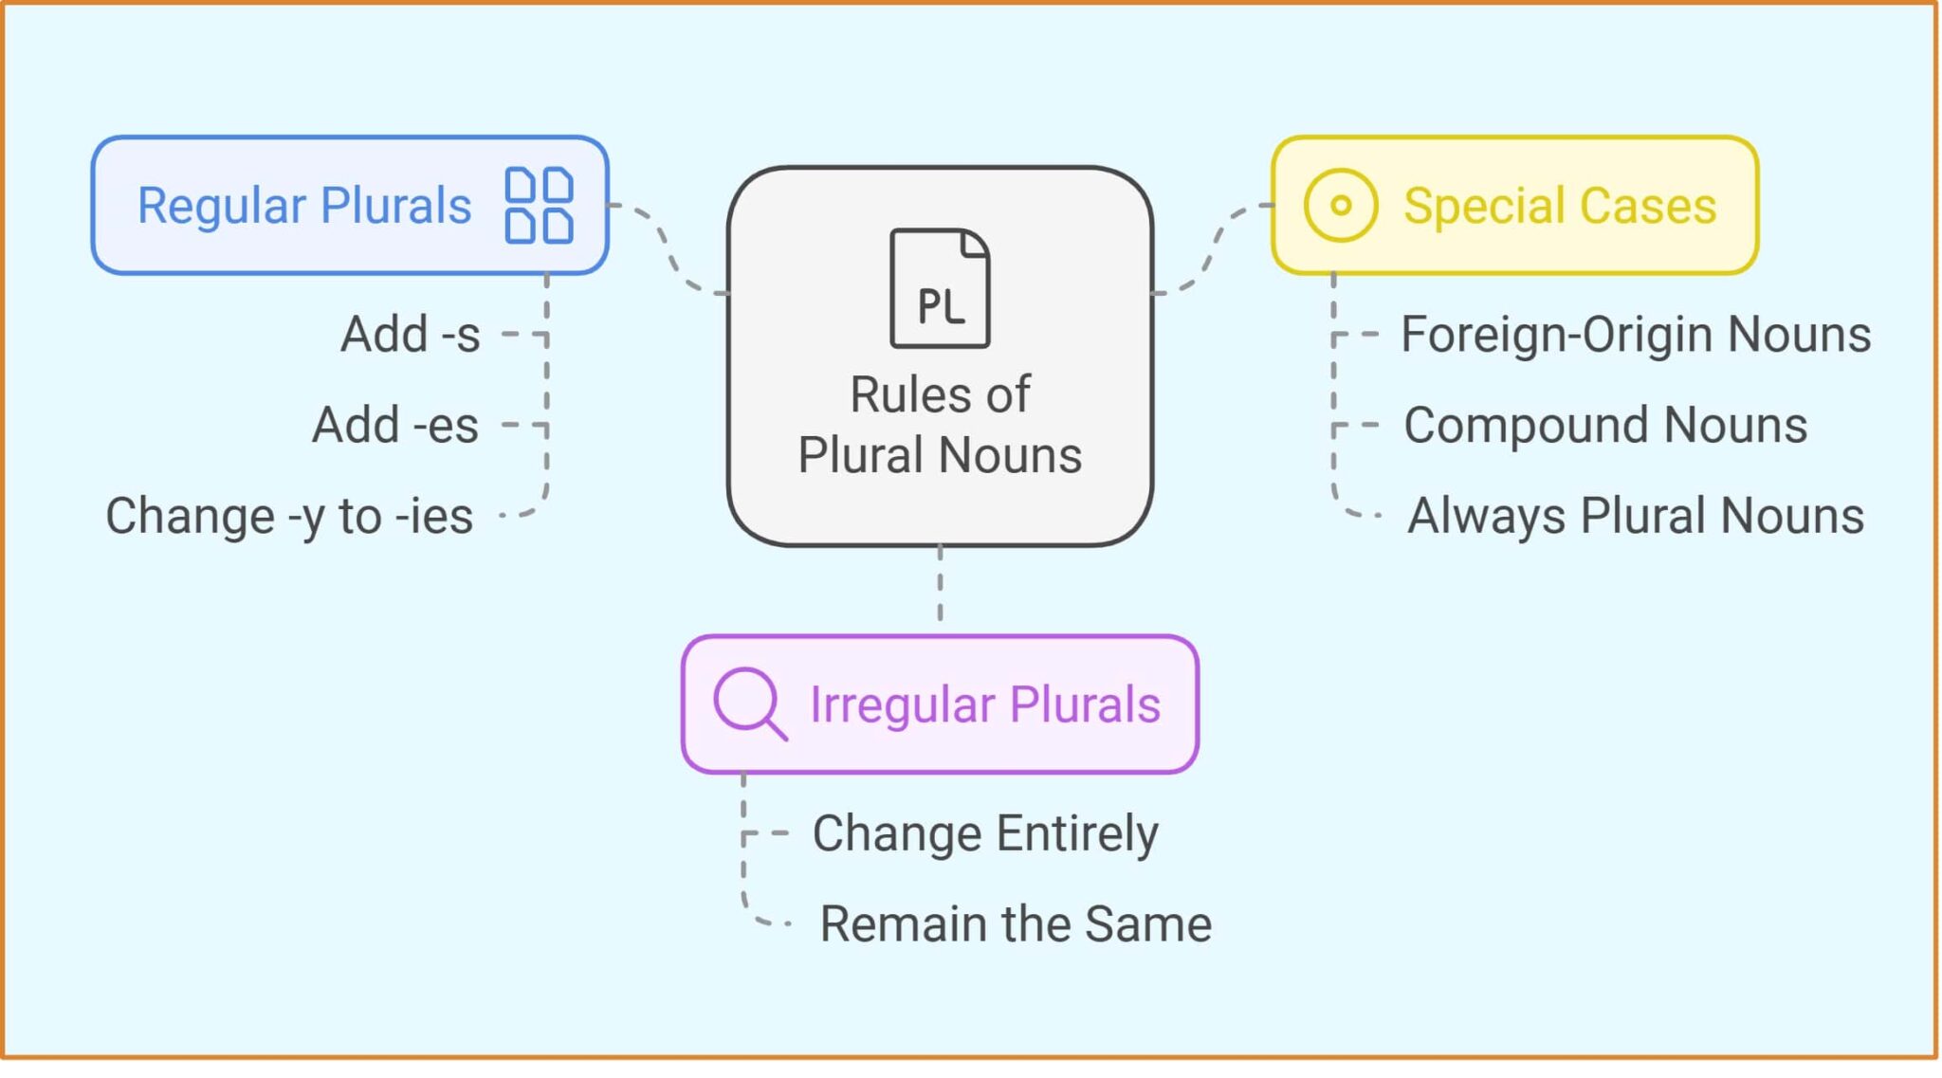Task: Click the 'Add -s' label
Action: pyautogui.click(x=410, y=335)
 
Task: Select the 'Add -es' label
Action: pyautogui.click(x=394, y=425)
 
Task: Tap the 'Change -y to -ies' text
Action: pyautogui.click(x=288, y=517)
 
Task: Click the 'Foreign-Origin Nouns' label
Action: pyautogui.click(x=1635, y=335)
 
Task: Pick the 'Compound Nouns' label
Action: pyautogui.click(x=1604, y=425)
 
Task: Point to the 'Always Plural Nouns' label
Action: pyautogui.click(x=1635, y=517)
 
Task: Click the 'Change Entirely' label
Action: pyautogui.click(x=984, y=834)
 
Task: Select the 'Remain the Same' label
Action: pyautogui.click(x=1015, y=924)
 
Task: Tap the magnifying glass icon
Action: pyautogui.click(x=749, y=703)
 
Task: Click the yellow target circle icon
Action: pyautogui.click(x=1340, y=205)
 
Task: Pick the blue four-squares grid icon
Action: pyautogui.click(x=539, y=205)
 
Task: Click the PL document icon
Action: pyautogui.click(x=940, y=288)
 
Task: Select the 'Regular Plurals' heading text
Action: pyautogui.click(x=304, y=206)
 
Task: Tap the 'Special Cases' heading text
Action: pyautogui.click(x=1559, y=206)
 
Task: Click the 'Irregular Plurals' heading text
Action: pyautogui.click(x=984, y=704)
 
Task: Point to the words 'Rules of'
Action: pyautogui.click(x=939, y=394)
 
